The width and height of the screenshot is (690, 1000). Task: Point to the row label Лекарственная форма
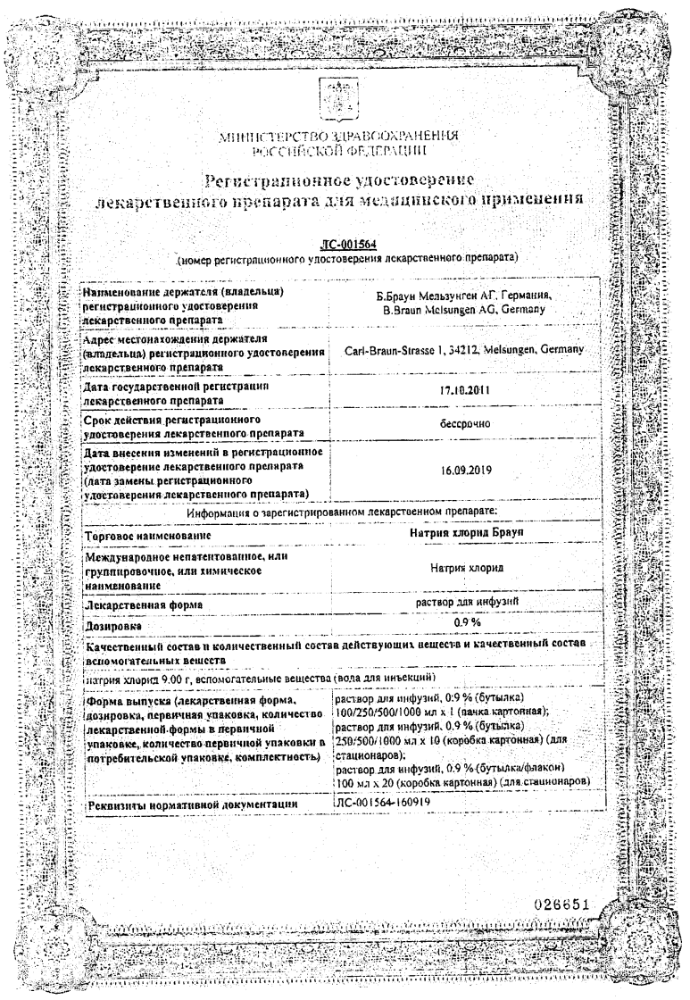click(x=141, y=605)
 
